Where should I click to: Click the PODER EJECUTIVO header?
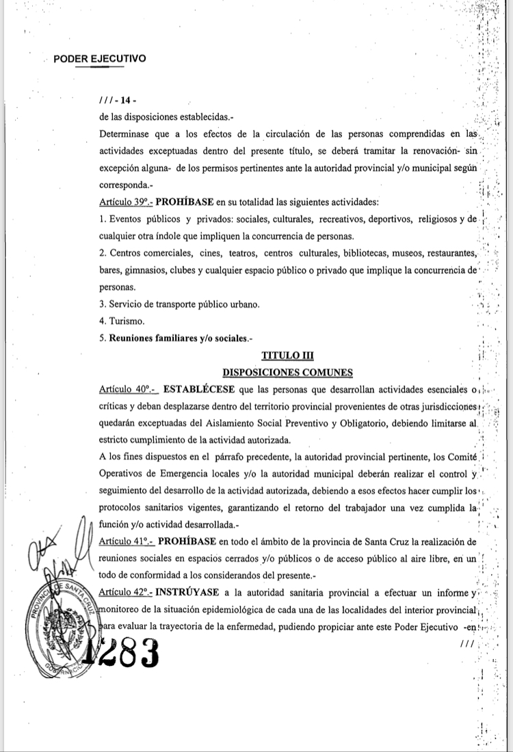click(x=99, y=59)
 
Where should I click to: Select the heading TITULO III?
click(x=287, y=355)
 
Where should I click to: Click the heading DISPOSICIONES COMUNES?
click(x=287, y=373)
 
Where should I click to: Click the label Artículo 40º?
click(x=128, y=390)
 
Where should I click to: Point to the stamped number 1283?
click(x=123, y=652)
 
